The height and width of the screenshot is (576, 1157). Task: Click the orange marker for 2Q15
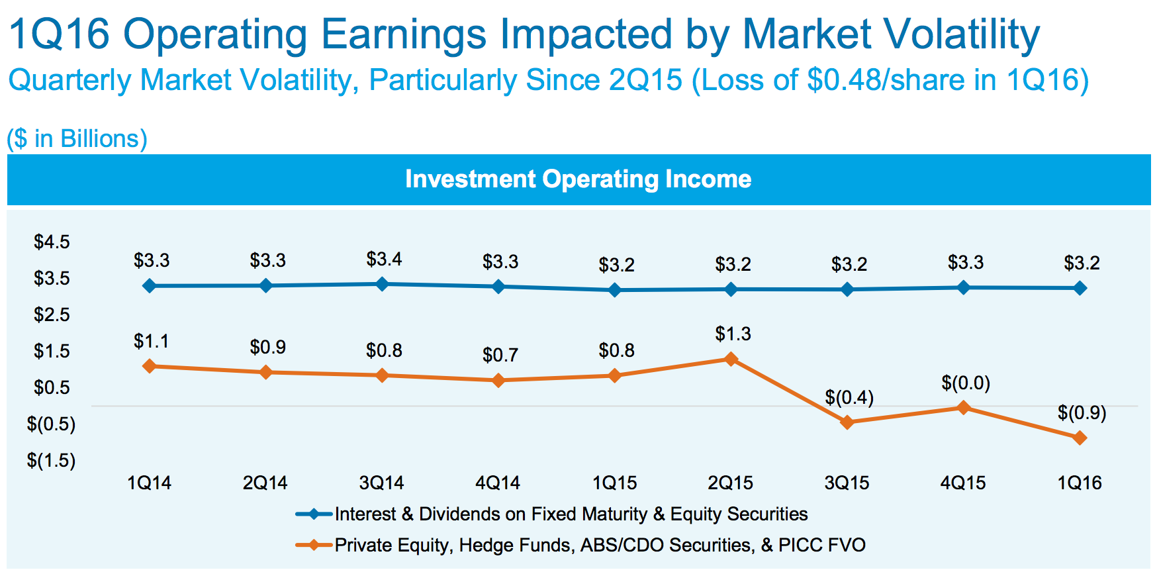731,359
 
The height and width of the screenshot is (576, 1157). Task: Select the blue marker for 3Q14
382,284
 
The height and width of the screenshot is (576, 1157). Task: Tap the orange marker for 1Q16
1080,438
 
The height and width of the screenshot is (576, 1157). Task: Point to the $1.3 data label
733,334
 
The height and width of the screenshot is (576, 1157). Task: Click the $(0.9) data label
1082,413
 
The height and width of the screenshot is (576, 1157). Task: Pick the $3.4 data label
384,259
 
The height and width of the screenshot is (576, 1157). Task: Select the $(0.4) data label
849,397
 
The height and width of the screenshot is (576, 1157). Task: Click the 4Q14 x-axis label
498,483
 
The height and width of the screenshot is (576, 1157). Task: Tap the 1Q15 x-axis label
614,483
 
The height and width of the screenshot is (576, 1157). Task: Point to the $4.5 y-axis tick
52,242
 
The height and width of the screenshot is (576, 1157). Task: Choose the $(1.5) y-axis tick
51,460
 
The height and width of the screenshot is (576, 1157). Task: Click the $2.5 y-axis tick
52,314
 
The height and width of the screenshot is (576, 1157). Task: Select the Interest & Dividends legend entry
571,514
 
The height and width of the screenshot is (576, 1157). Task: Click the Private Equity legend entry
600,545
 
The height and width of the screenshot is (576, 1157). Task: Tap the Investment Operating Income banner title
578,179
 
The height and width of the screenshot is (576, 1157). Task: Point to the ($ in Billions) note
77,138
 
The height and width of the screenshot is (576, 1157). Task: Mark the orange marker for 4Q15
964,408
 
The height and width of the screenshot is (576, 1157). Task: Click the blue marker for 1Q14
150,286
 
